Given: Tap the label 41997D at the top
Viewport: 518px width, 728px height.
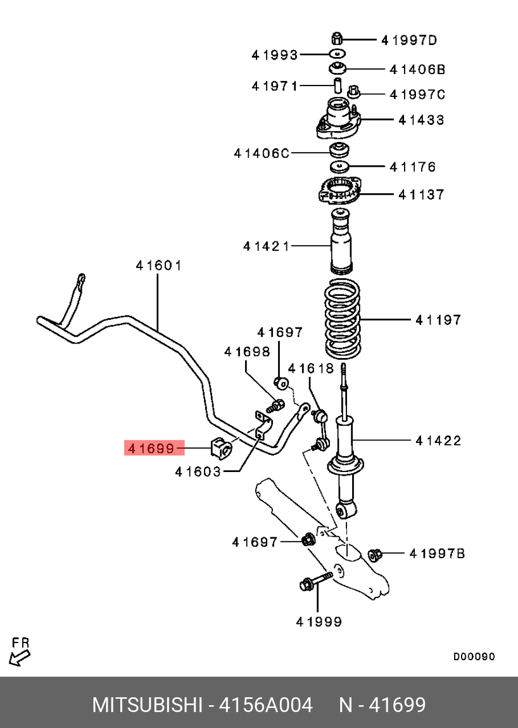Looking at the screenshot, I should click(x=409, y=41).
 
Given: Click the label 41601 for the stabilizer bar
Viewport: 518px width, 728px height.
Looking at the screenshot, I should click(x=158, y=265).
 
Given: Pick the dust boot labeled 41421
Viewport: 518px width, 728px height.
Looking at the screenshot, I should click(x=342, y=244).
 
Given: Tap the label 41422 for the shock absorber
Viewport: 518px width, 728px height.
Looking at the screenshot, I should click(x=438, y=440).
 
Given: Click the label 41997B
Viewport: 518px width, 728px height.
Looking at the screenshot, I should click(x=437, y=554).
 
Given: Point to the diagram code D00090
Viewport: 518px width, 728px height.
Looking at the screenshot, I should click(x=474, y=656).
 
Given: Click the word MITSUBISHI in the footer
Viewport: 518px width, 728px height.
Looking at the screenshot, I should click(x=148, y=705).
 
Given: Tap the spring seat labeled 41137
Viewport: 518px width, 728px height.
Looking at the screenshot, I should click(x=339, y=191).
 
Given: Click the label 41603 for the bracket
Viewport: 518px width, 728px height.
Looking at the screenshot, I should click(x=198, y=471).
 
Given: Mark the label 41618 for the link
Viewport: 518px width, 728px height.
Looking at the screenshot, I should click(x=310, y=368).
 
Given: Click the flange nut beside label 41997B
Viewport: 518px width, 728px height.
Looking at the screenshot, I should click(x=374, y=554).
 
